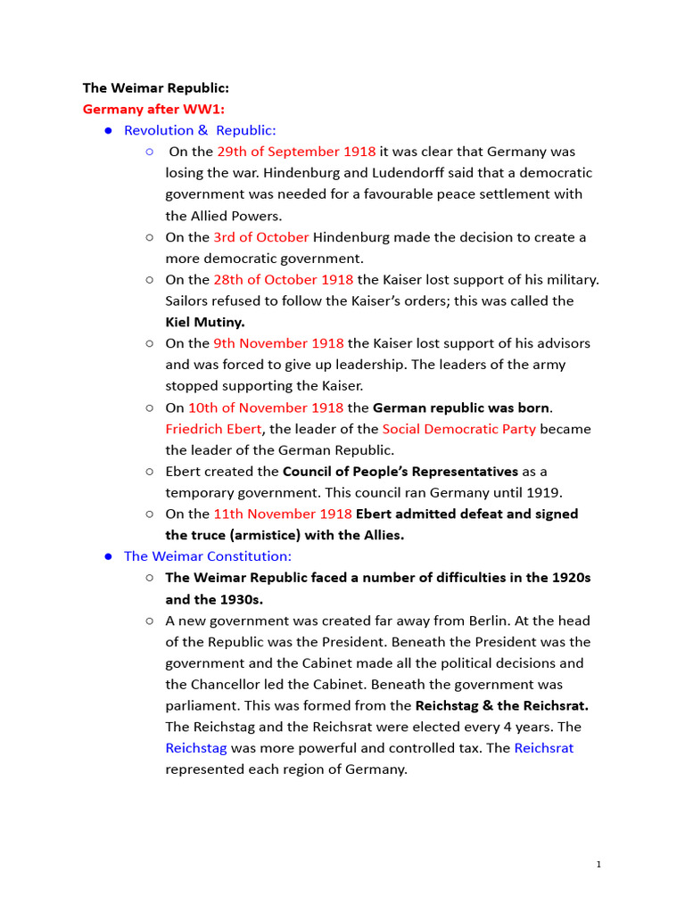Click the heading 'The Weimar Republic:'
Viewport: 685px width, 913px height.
point(156,88)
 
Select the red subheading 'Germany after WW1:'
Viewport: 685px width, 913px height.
point(153,110)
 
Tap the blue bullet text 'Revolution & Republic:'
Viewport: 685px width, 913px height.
point(200,130)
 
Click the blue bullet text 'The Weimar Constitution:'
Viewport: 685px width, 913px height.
point(208,556)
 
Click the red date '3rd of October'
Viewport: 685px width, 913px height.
point(261,237)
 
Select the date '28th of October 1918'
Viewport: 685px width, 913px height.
point(283,280)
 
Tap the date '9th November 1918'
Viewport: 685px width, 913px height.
point(278,343)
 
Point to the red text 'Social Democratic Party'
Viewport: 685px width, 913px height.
point(458,429)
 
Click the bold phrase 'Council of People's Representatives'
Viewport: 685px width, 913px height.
point(400,471)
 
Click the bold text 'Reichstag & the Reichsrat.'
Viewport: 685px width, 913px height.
point(501,705)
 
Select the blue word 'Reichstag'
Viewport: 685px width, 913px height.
point(196,748)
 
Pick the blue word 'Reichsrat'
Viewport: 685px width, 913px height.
point(543,748)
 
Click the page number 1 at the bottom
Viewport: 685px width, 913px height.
point(599,864)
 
